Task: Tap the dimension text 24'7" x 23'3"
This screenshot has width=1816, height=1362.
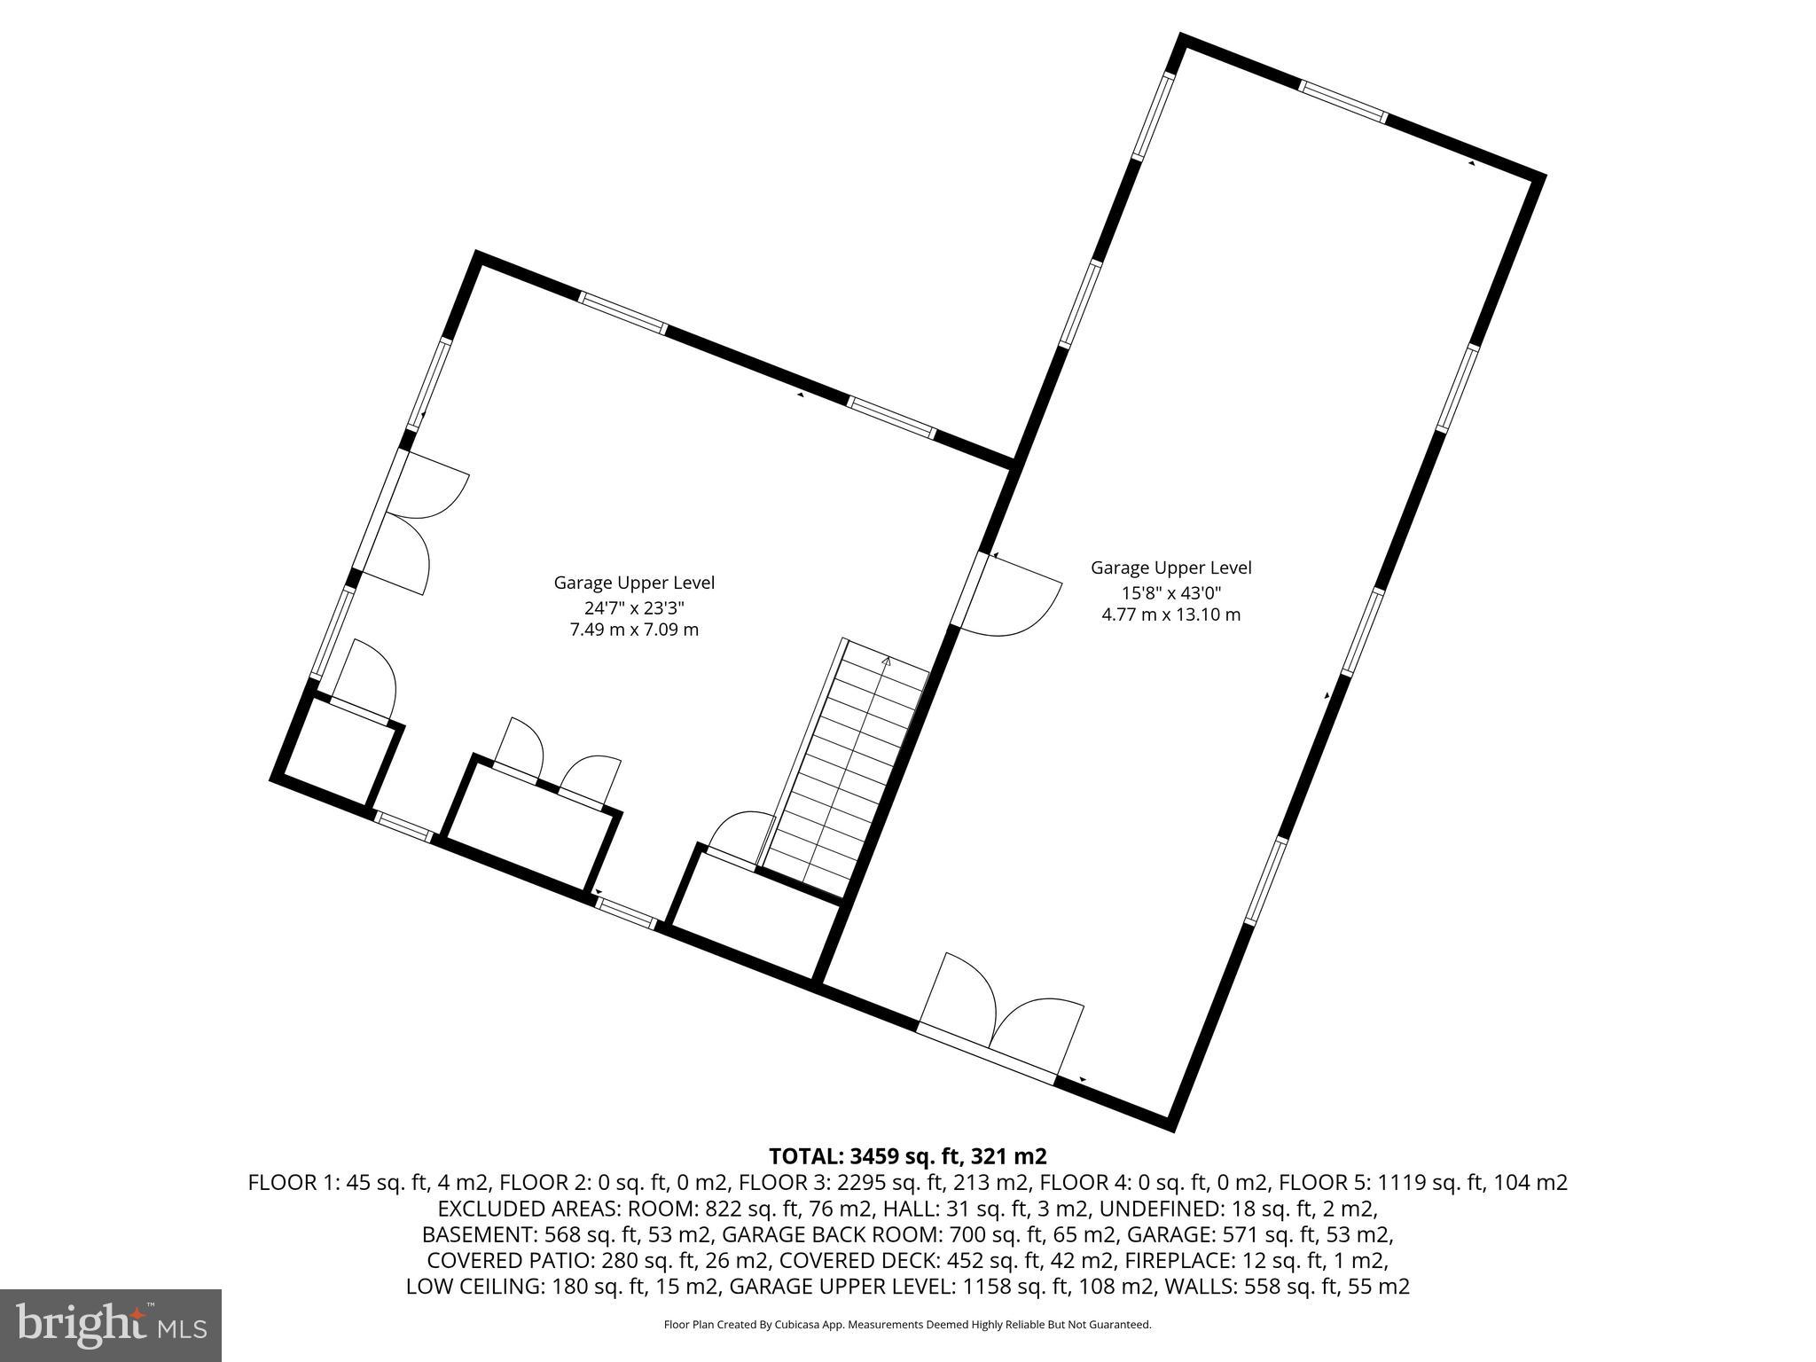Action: pyautogui.click(x=634, y=607)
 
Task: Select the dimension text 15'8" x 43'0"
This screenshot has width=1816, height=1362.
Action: pyautogui.click(x=1170, y=591)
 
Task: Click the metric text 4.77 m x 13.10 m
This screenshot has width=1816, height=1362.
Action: pyautogui.click(x=1170, y=614)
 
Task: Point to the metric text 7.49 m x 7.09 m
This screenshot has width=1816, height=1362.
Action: pyautogui.click(x=634, y=630)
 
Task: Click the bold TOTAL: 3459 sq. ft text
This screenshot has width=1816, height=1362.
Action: pyautogui.click(x=907, y=1156)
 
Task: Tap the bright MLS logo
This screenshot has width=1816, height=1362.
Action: pyautogui.click(x=111, y=1324)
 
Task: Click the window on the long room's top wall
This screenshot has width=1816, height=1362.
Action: pyautogui.click(x=1342, y=100)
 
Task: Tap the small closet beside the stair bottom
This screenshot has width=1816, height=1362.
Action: pyautogui.click(x=754, y=909)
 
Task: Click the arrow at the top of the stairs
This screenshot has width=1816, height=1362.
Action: pyautogui.click(x=886, y=660)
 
